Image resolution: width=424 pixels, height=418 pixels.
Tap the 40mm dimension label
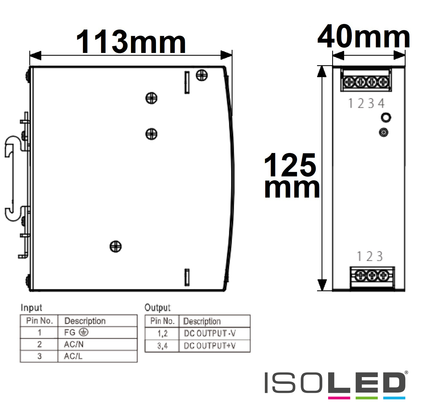coord(364,36)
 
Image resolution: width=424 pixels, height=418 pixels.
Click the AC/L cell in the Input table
coord(73,356)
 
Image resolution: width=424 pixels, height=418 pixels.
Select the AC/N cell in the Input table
coord(74,344)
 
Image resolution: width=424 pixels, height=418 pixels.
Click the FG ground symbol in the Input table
coord(84,332)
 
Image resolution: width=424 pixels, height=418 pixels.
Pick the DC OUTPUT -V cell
coord(209,333)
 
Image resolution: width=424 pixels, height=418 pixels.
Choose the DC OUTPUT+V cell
coord(209,346)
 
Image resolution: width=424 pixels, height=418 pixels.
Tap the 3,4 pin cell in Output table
coord(162,346)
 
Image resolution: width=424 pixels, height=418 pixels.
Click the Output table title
coord(157,308)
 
